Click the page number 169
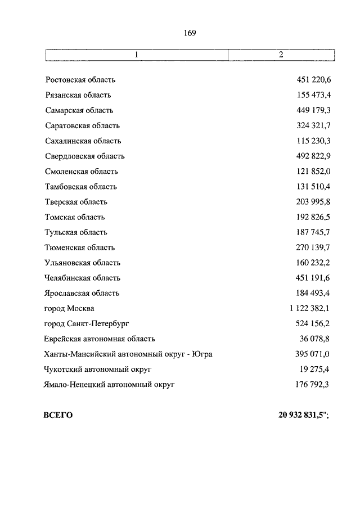click(x=190, y=33)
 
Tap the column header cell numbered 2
click(x=281, y=55)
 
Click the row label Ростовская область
click(x=80, y=80)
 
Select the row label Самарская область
click(x=79, y=111)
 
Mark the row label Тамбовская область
click(x=81, y=187)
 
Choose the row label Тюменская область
click(x=80, y=247)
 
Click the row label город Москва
click(x=69, y=308)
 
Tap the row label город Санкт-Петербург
click(x=87, y=323)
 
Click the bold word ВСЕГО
click(x=58, y=416)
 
